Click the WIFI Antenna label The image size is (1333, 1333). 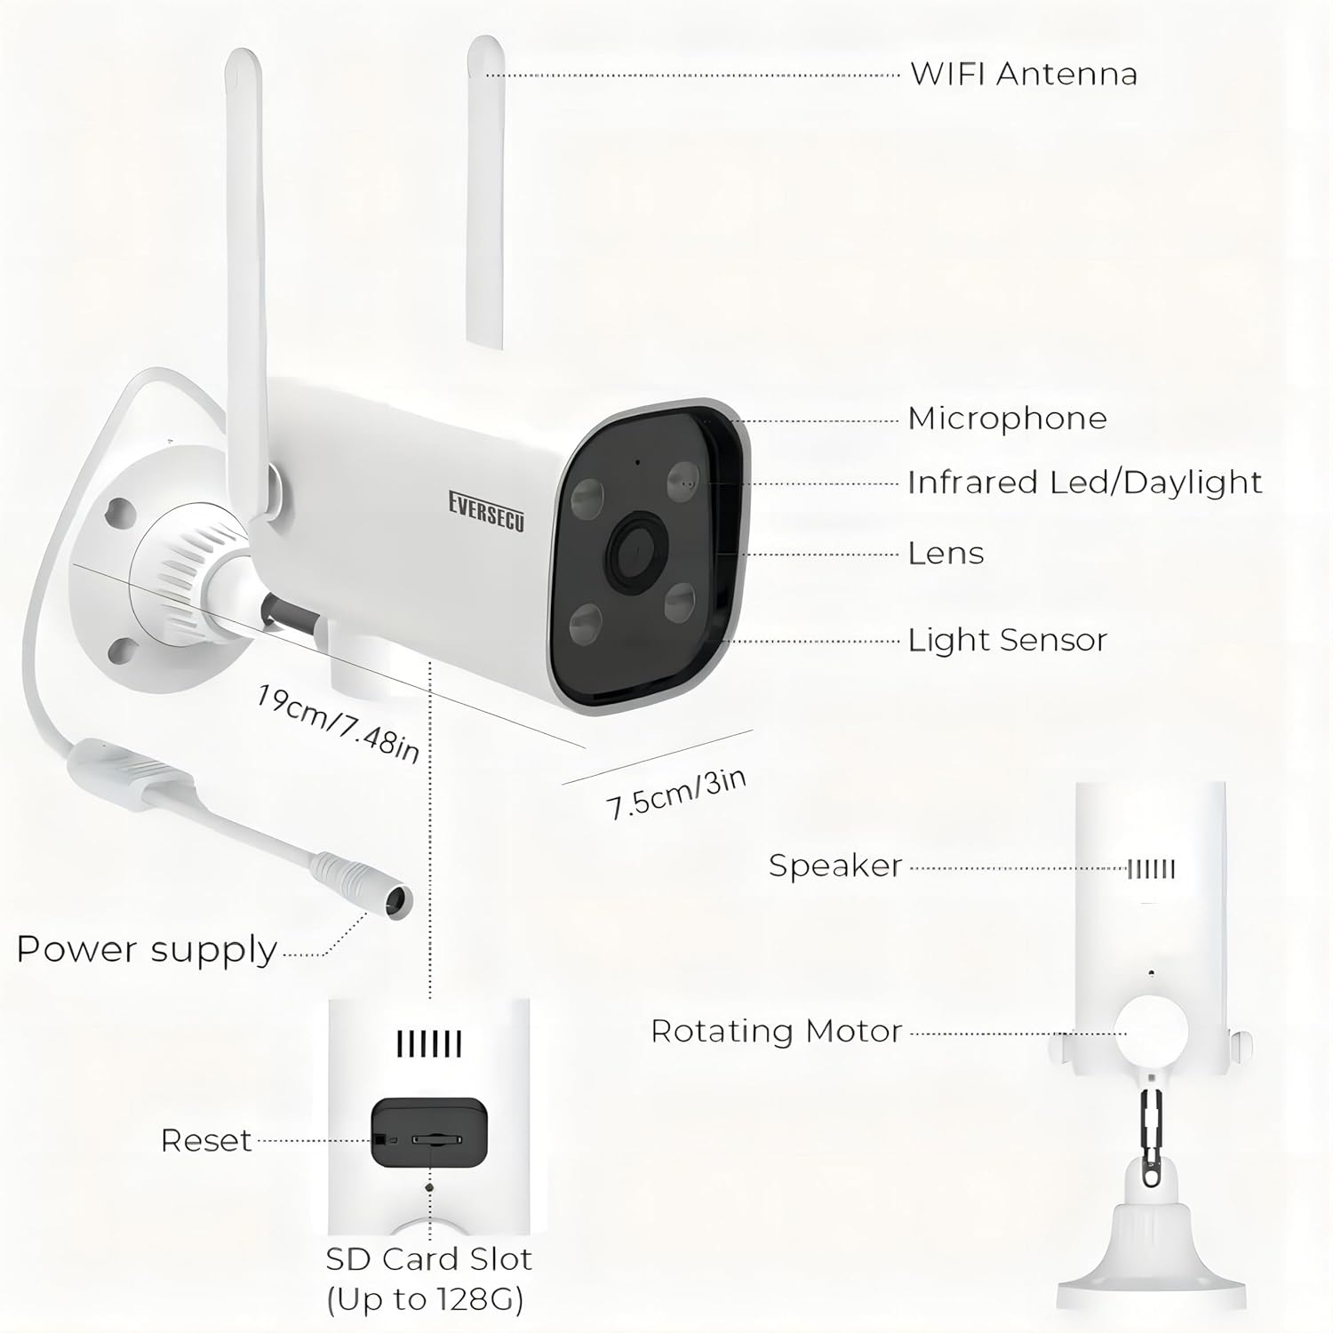pyautogui.click(x=1024, y=74)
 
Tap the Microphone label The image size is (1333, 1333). pyautogui.click(x=1007, y=419)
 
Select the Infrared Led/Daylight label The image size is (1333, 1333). pyautogui.click(x=1084, y=483)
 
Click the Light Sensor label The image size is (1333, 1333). pyautogui.click(x=1007, y=640)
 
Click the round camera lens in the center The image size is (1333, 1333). pyautogui.click(x=637, y=551)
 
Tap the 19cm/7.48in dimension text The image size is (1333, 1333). pyautogui.click(x=338, y=722)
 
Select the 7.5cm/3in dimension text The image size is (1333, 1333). pyautogui.click(x=676, y=794)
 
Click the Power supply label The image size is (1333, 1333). pyautogui.click(x=147, y=950)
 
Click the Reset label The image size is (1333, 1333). pyautogui.click(x=206, y=1140)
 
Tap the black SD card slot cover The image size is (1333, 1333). pyautogui.click(x=429, y=1133)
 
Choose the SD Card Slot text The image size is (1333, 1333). pyautogui.click(x=428, y=1259)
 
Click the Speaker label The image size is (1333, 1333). pyautogui.click(x=835, y=866)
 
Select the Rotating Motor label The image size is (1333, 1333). pyautogui.click(x=776, y=1032)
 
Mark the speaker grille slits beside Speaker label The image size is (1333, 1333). pyautogui.click(x=1151, y=869)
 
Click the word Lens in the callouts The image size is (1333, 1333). pyautogui.click(x=946, y=554)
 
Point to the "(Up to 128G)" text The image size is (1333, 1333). pyautogui.click(x=425, y=1300)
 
